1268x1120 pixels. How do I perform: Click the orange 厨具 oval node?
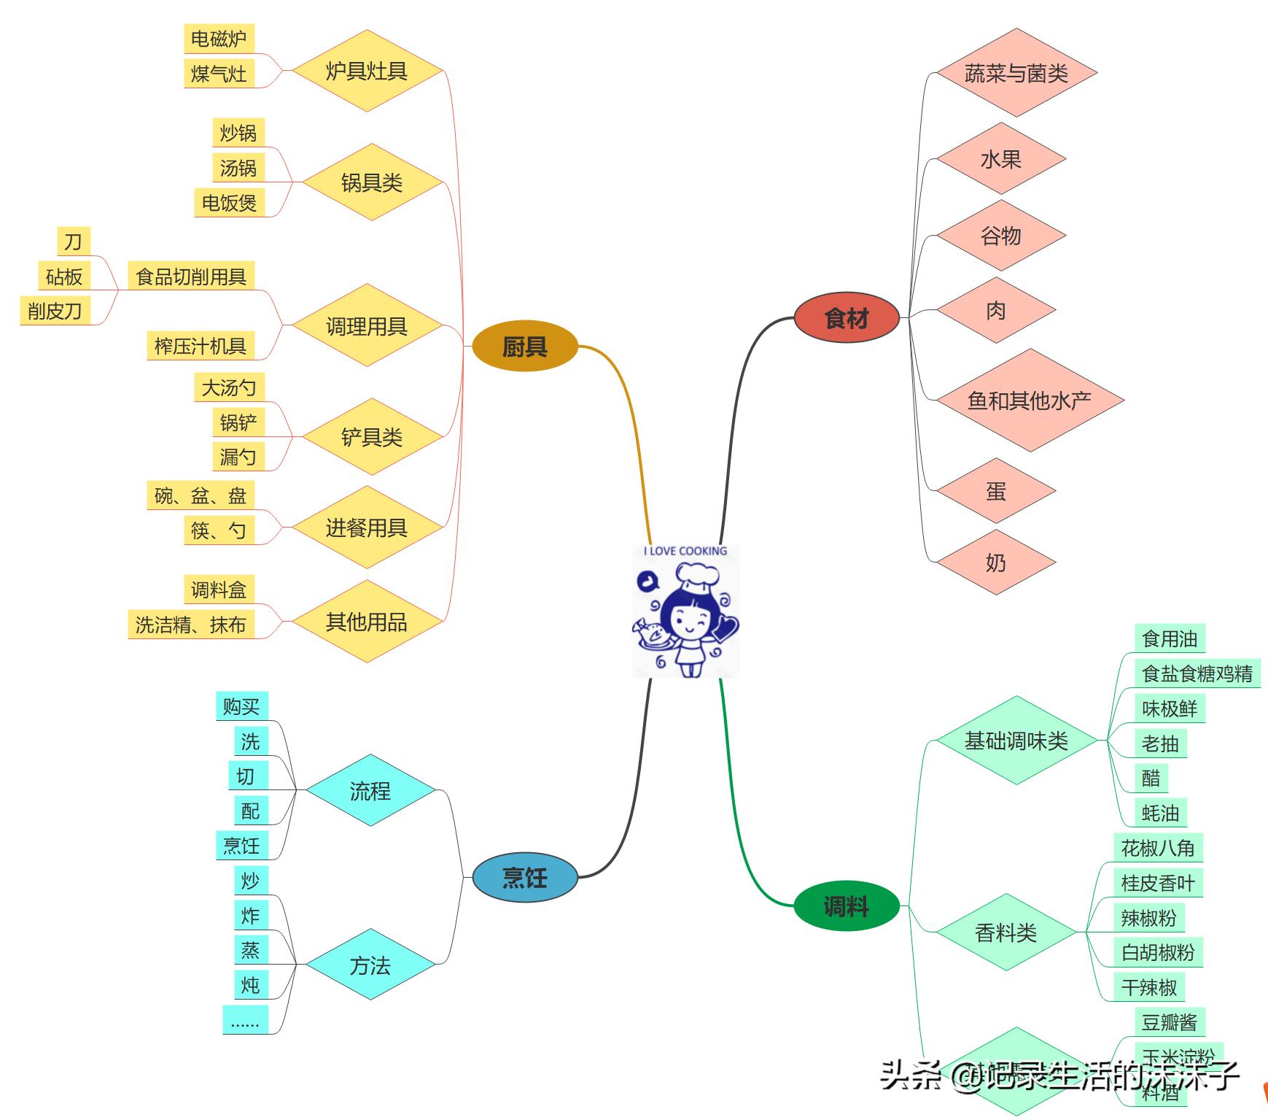[524, 347]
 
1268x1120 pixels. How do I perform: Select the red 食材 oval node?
[846, 318]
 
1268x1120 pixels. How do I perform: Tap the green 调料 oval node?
[846, 907]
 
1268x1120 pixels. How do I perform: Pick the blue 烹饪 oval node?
[524, 877]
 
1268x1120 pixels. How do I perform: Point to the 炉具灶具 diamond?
[366, 71]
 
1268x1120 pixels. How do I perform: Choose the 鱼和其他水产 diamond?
[1029, 400]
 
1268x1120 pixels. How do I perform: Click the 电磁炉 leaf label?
[218, 39]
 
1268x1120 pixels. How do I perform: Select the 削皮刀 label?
[55, 311]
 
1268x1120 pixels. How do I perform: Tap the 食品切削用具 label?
[191, 277]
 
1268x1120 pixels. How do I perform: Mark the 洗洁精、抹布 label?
[190, 625]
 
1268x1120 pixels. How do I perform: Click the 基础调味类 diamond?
[1016, 741]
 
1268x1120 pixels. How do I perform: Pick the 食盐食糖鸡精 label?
[1197, 673]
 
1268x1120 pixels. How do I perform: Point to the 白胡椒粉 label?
[1157, 952]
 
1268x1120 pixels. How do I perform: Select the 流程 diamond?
[370, 790]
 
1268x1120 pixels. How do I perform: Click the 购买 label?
[241, 706]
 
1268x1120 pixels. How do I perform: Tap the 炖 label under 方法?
[250, 985]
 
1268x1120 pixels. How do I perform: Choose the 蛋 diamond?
[995, 491]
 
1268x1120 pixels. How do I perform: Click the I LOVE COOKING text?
[685, 551]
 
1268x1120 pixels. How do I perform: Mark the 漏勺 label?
[238, 457]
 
